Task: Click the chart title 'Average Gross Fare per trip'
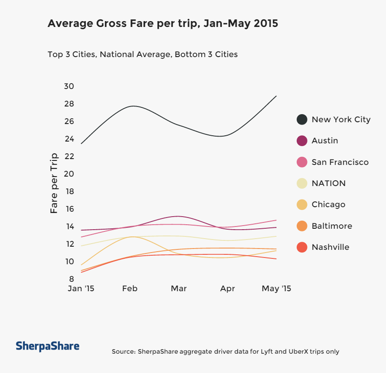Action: coord(162,23)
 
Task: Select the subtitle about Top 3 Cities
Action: coord(142,54)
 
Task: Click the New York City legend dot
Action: coord(302,120)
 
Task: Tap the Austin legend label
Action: coord(325,141)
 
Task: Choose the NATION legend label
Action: coord(329,183)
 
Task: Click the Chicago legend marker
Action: coord(302,204)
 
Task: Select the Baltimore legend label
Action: coord(332,226)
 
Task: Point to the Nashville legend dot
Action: coord(302,247)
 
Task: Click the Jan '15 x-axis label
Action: coord(81,289)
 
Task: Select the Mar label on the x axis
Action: coord(179,289)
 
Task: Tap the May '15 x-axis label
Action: coord(276,289)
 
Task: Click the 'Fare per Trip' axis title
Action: coord(54,183)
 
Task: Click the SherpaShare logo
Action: coord(48,346)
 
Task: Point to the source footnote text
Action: coord(225,351)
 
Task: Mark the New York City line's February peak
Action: coord(133,106)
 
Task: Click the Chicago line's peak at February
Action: coord(132,236)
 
